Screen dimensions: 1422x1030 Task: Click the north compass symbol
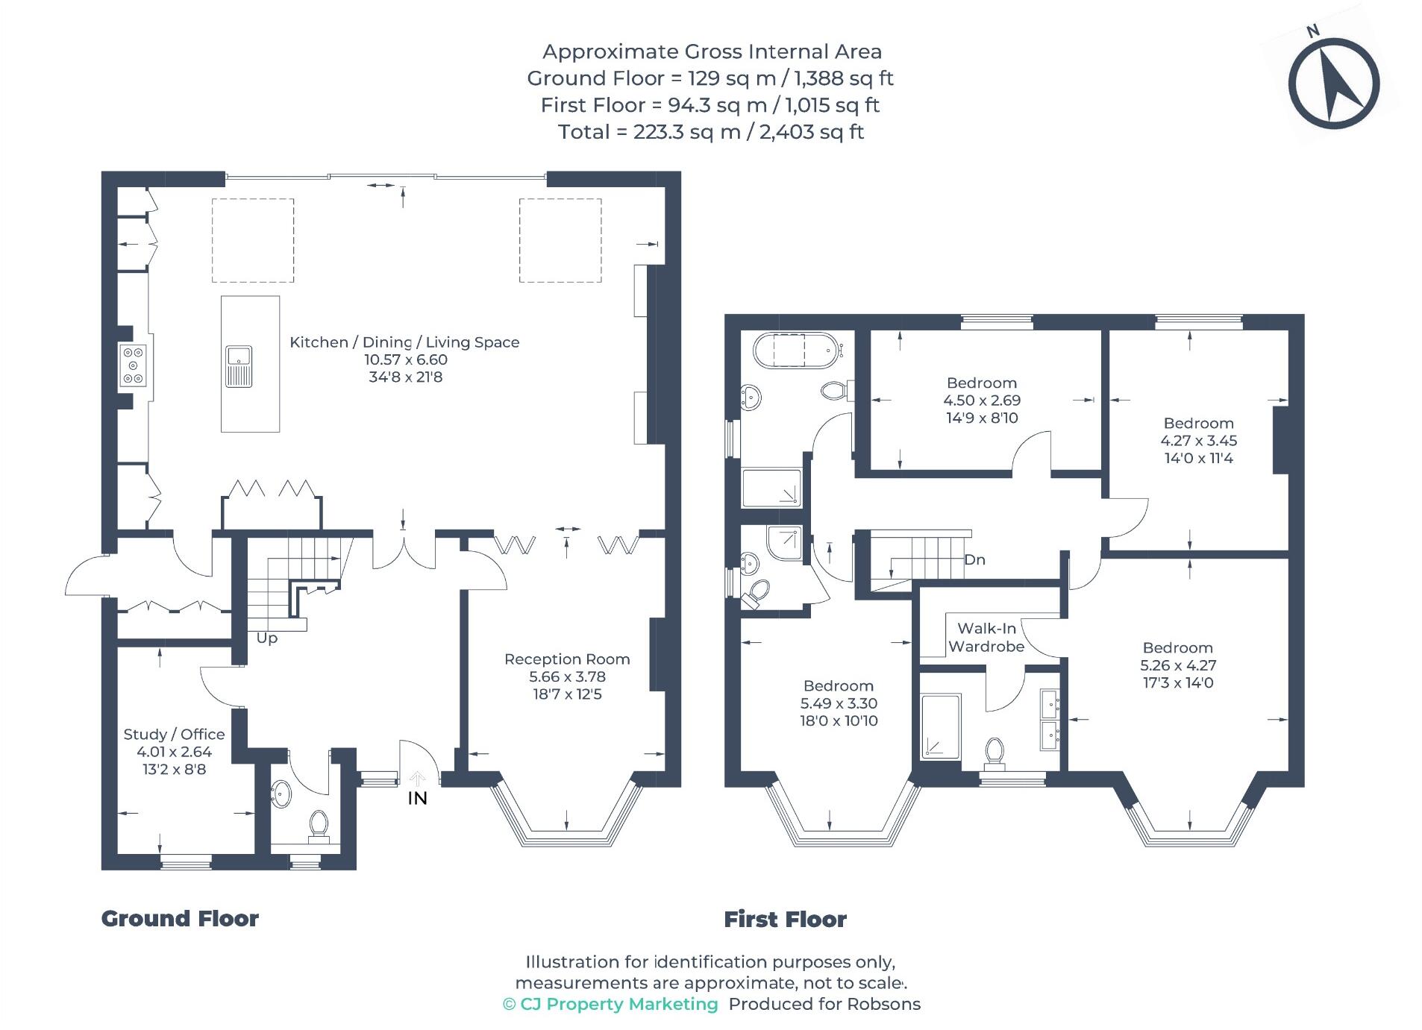(1334, 82)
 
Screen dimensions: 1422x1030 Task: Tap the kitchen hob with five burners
(134, 365)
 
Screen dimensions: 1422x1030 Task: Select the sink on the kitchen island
(239, 366)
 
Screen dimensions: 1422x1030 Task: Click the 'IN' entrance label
(417, 798)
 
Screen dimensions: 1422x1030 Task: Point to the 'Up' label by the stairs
(267, 638)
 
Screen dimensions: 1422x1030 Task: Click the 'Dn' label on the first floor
(974, 559)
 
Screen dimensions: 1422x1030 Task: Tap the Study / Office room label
(174, 734)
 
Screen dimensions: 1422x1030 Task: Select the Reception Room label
(567, 659)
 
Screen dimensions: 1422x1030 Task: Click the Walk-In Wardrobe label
(986, 638)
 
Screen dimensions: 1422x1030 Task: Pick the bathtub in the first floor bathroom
(798, 350)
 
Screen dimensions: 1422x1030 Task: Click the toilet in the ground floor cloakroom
(319, 826)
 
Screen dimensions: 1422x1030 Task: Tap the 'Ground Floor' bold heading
(180, 918)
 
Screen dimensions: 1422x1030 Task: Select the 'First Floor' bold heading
(785, 919)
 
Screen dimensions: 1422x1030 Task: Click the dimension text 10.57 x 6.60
(405, 359)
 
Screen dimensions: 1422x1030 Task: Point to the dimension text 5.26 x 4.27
(1178, 665)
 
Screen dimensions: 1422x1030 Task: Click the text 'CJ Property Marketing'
(618, 1004)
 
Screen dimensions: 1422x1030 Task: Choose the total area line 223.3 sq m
(710, 132)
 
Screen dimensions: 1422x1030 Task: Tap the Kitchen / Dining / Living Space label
(404, 342)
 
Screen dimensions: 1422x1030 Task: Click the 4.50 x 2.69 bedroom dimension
(982, 401)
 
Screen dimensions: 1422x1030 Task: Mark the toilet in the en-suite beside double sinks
(994, 753)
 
